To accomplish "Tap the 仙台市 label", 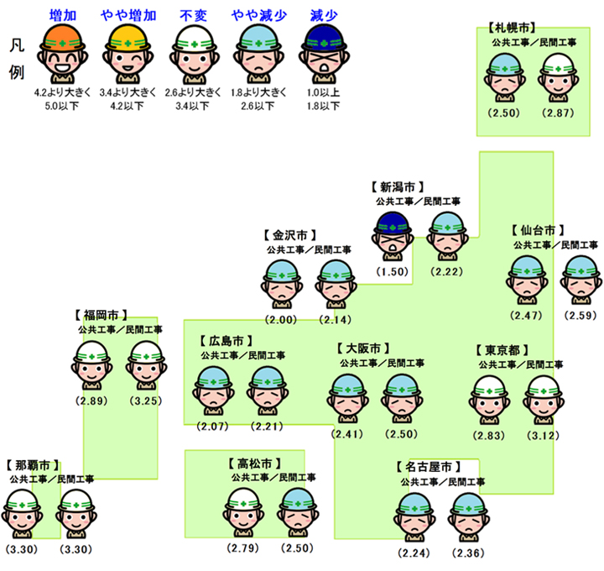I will [x=537, y=229].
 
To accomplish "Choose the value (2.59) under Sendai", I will [x=580, y=315].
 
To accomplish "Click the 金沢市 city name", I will [x=289, y=235].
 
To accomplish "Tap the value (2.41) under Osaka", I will [x=347, y=434].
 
